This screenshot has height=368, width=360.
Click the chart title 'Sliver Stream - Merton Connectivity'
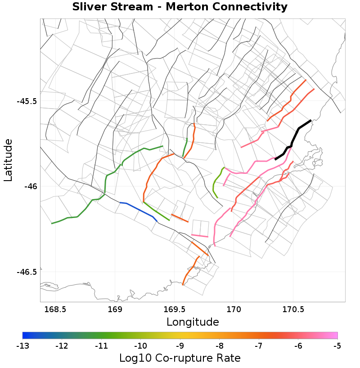(x=180, y=7)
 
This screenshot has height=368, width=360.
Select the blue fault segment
(x=139, y=209)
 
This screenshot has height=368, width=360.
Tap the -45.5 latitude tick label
(x=27, y=101)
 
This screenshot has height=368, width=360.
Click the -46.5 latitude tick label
(x=27, y=272)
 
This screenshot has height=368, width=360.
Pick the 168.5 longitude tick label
(x=55, y=309)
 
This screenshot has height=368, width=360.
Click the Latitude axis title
(x=9, y=160)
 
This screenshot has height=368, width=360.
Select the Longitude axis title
(x=193, y=322)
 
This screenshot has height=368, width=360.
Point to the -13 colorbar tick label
(x=22, y=346)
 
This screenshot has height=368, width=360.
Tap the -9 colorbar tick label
(x=180, y=346)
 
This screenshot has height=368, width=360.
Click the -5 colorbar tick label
(x=337, y=346)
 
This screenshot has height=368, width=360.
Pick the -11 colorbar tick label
(x=101, y=346)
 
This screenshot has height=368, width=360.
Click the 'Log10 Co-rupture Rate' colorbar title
(x=180, y=359)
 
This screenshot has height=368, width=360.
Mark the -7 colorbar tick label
(x=259, y=346)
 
